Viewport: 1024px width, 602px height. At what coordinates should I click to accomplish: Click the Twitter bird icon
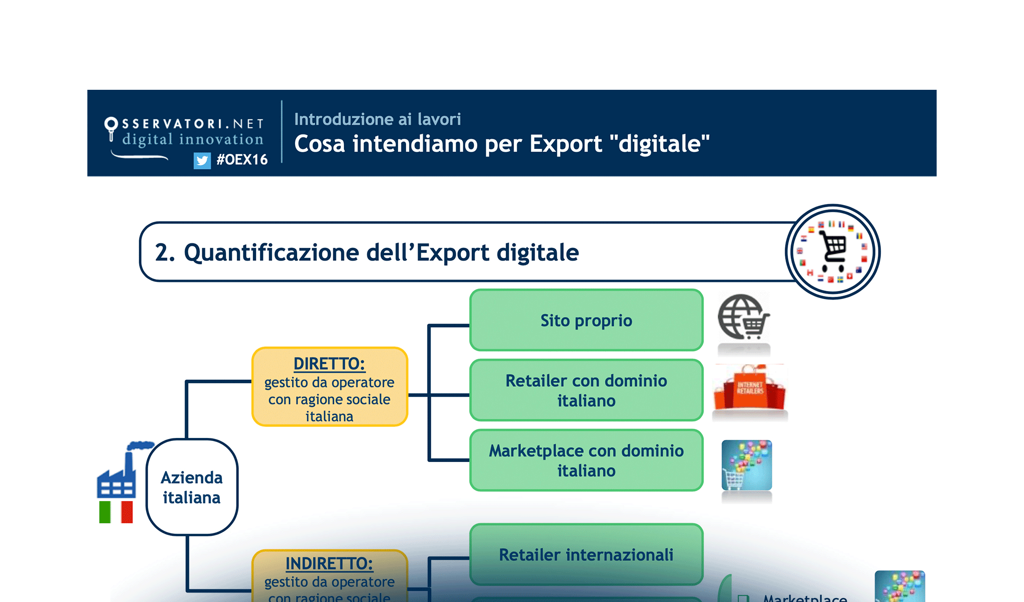(x=202, y=161)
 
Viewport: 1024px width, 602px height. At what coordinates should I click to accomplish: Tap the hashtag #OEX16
(x=242, y=160)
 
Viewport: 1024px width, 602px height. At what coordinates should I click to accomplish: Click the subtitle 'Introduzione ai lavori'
(x=377, y=119)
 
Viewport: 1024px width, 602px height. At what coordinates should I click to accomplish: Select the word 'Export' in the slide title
(x=566, y=144)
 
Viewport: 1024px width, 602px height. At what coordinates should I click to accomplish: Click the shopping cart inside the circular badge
(x=834, y=248)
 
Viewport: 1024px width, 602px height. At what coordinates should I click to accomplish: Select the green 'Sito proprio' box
(x=586, y=320)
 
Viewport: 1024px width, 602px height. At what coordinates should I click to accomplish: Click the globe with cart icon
(x=743, y=318)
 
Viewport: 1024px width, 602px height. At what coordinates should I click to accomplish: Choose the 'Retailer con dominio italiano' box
(x=586, y=390)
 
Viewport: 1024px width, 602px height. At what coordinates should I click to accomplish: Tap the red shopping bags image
(x=750, y=389)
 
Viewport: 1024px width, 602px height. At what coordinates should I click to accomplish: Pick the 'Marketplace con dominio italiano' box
(x=586, y=461)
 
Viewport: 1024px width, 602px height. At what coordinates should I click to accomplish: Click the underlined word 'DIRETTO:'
(x=329, y=363)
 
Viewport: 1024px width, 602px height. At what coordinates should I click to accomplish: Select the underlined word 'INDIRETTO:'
(x=329, y=563)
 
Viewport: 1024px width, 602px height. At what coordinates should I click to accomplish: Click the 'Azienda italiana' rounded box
(x=192, y=487)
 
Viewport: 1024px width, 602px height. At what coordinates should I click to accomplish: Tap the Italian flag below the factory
(x=116, y=512)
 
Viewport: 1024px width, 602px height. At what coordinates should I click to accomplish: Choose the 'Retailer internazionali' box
(x=586, y=555)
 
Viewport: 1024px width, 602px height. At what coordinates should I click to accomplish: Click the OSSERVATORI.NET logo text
(x=193, y=124)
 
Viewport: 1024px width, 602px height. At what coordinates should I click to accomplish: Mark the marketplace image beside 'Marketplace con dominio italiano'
(x=746, y=465)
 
